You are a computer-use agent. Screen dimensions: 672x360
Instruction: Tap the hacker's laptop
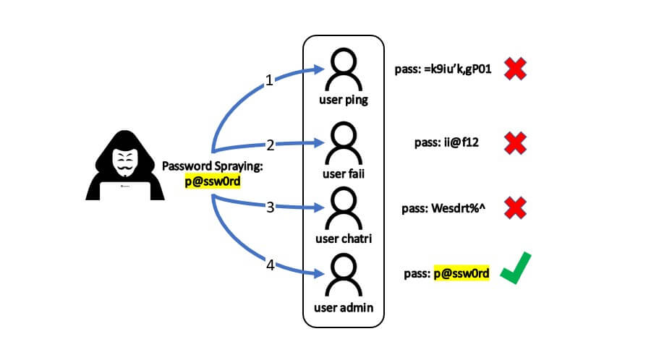125,191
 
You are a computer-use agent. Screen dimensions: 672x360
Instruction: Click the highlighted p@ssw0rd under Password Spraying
213,181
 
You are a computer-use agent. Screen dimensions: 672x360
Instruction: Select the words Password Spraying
212,166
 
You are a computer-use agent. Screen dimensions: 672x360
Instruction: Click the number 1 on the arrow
269,80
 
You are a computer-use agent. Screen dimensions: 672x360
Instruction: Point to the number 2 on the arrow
270,145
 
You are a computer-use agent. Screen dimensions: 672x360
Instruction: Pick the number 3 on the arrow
270,207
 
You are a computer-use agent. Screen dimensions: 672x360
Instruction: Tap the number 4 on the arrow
270,265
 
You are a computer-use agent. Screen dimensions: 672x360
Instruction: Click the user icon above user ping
344,69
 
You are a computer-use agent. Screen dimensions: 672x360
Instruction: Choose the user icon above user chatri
344,208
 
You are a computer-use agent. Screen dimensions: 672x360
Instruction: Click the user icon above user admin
344,275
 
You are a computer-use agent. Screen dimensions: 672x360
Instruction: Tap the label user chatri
344,239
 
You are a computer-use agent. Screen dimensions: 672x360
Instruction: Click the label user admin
344,307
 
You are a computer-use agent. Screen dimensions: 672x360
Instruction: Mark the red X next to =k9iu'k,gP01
515,69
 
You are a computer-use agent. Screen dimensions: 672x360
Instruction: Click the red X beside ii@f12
515,143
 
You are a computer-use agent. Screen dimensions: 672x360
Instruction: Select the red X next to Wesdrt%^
515,208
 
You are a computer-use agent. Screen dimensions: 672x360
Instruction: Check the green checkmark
516,268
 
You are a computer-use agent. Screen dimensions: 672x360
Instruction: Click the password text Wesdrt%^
459,208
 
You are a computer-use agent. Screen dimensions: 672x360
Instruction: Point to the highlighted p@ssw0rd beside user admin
462,273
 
